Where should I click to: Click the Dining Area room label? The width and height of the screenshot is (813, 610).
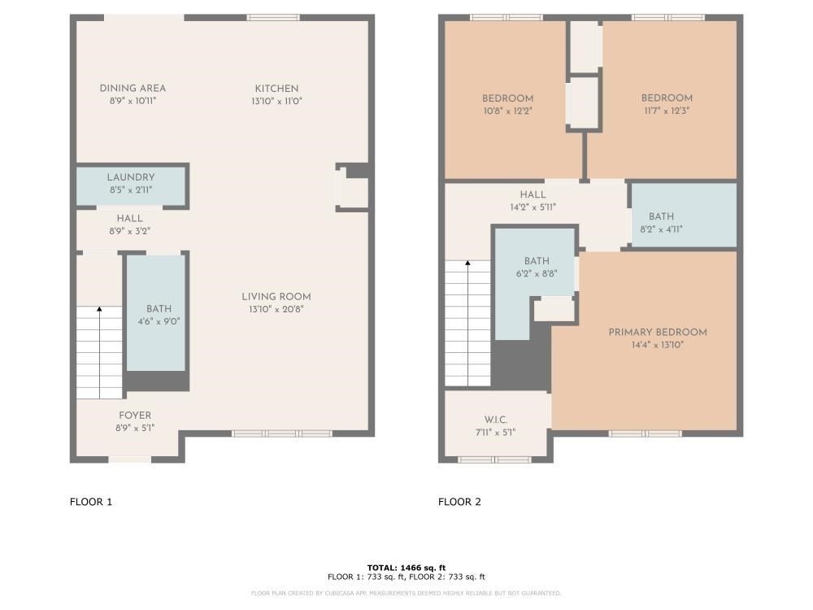tap(133, 88)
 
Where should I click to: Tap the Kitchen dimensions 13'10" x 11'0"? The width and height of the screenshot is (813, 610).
tap(276, 101)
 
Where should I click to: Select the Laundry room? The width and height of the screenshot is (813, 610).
tap(130, 183)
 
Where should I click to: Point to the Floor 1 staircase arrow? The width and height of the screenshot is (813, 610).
tap(99, 309)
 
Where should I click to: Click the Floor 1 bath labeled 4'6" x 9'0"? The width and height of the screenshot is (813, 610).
tap(159, 315)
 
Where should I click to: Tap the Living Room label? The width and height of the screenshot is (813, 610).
tap(276, 296)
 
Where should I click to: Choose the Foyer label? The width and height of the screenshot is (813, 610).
tap(135, 415)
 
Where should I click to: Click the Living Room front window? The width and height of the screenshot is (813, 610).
tap(281, 434)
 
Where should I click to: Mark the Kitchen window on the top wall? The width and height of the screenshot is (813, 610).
tap(272, 17)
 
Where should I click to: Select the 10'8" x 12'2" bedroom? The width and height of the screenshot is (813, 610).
tap(507, 104)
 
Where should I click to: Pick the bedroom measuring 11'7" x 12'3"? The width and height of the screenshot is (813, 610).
tap(667, 104)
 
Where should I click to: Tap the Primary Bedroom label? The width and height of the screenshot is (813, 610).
tap(658, 332)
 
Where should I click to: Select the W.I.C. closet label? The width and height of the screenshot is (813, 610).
tap(495, 420)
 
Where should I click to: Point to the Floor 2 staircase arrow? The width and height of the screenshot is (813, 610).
tap(468, 264)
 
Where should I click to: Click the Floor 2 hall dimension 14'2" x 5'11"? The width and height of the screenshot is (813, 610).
tap(533, 207)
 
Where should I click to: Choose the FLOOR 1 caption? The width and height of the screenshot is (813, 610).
tap(91, 502)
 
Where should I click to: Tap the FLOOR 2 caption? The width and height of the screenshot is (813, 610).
tap(459, 502)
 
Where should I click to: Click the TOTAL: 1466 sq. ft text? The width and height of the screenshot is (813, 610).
tap(406, 568)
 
